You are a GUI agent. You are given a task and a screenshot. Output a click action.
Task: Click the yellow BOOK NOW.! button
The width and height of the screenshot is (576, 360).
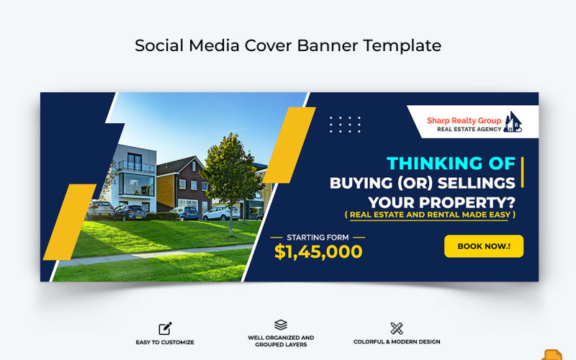pyautogui.click(x=483, y=246)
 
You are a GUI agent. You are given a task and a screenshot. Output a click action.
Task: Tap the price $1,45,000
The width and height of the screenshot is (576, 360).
pyautogui.click(x=318, y=251)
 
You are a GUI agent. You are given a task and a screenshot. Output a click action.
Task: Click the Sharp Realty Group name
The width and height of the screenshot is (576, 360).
pyautogui.click(x=464, y=121)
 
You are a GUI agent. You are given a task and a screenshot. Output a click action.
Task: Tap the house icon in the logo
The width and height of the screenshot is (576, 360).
pyautogui.click(x=512, y=123)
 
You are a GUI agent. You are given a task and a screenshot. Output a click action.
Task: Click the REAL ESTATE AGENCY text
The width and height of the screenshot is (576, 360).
pyautogui.click(x=464, y=130)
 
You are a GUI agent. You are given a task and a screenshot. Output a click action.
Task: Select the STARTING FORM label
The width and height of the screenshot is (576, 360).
pyautogui.click(x=318, y=237)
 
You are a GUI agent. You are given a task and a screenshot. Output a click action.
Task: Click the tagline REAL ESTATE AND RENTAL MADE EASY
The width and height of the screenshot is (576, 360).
pyautogui.click(x=430, y=215)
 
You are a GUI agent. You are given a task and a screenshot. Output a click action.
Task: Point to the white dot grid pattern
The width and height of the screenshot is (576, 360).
pyautogui.click(x=345, y=124)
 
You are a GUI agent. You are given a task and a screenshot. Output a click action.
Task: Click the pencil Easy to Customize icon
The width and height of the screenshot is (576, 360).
pyautogui.click(x=165, y=328)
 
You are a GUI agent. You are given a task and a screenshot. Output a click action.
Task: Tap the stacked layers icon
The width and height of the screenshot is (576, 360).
pyautogui.click(x=281, y=325)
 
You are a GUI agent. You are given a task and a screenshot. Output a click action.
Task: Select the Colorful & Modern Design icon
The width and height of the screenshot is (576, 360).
pyautogui.click(x=397, y=328)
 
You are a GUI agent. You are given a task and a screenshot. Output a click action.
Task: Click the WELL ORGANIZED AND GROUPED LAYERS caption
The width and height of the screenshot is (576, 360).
pyautogui.click(x=281, y=341)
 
